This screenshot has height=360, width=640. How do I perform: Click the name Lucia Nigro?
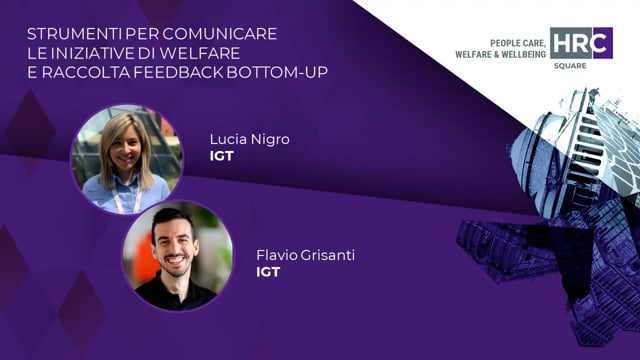(249, 139)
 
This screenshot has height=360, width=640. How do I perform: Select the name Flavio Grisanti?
(305, 255)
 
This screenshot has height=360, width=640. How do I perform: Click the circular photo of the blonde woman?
(126, 158)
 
